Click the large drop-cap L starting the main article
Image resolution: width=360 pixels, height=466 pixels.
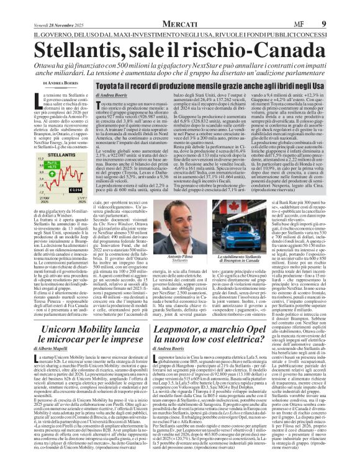[31, 97]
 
